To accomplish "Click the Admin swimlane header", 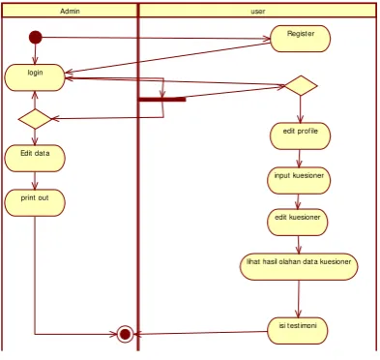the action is (70, 11).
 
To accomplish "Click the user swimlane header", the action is (257, 11).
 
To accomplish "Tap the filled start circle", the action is (36, 37).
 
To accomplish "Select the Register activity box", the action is (301, 39).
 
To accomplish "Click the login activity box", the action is (35, 77).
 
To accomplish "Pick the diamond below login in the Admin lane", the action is (35, 119).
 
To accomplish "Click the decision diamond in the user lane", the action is (301, 85).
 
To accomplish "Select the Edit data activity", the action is (35, 158).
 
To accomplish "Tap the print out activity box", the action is (35, 202).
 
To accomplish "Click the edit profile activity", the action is (301, 136).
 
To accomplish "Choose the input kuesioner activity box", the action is (299, 180).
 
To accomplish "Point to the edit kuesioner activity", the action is (298, 223).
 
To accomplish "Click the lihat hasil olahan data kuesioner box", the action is (299, 266).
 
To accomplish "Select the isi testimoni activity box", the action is (298, 331).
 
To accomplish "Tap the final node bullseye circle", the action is (125, 334).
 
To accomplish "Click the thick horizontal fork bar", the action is (162, 100).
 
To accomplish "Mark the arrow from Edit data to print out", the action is (35, 180).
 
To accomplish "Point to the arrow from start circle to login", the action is (35, 54).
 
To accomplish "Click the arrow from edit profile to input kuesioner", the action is (299, 158).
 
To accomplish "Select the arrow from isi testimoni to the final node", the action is (200, 333).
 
